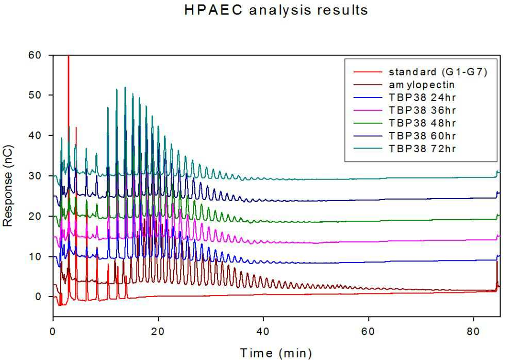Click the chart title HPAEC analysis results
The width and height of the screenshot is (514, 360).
pyautogui.click(x=276, y=10)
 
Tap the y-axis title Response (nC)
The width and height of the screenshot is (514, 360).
pyautogui.click(x=8, y=186)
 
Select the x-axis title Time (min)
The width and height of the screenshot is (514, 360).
pyautogui.click(x=276, y=353)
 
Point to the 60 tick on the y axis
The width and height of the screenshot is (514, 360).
pyautogui.click(x=35, y=55)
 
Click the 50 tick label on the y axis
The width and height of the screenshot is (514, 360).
pyautogui.click(x=35, y=95)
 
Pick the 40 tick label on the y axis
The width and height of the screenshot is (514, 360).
pyautogui.click(x=35, y=136)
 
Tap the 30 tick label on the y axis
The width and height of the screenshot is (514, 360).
pyautogui.click(x=35, y=176)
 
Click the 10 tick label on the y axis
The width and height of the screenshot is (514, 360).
pyautogui.click(x=35, y=256)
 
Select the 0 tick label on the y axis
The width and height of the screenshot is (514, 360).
pyautogui.click(x=38, y=297)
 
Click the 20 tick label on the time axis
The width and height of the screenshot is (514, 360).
pyautogui.click(x=158, y=332)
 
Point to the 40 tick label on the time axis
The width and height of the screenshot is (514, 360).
pyautogui.click(x=263, y=332)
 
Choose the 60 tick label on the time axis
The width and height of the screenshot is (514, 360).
pyautogui.click(x=369, y=332)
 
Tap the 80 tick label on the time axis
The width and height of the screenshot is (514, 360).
pyautogui.click(x=474, y=332)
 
